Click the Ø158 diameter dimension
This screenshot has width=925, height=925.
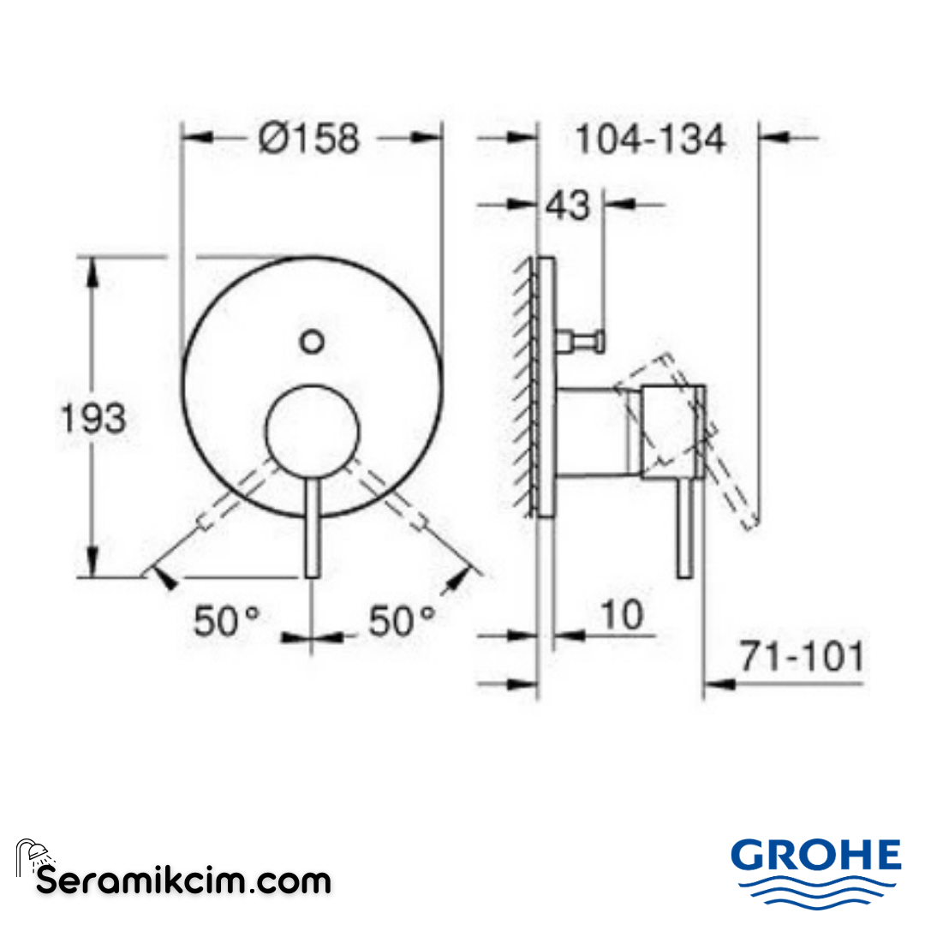coord(310,138)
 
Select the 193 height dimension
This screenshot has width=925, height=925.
coord(93,419)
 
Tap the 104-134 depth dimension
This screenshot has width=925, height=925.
coord(649,139)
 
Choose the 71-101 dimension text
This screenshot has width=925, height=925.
coord(802,658)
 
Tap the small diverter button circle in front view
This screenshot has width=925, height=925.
coord(313,342)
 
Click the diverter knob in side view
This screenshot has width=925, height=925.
coord(582,342)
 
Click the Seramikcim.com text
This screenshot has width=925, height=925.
coord(183,880)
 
